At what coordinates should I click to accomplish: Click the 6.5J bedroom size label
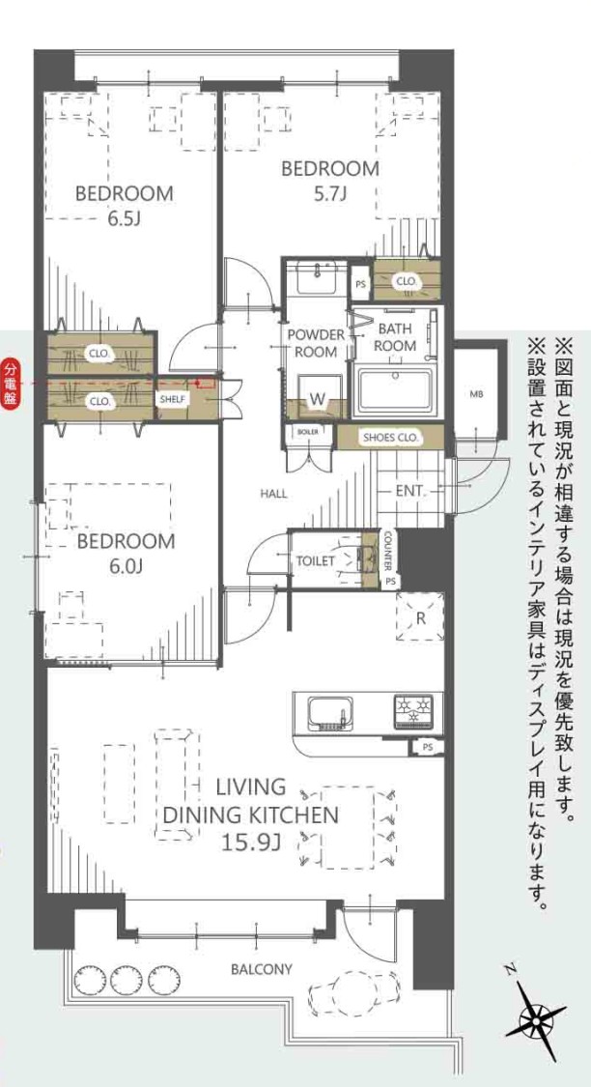point(124,219)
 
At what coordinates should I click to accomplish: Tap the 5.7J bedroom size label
point(330,194)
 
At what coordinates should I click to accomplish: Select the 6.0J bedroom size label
point(126,567)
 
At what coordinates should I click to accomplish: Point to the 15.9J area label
point(250,843)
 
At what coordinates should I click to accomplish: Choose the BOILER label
point(308,431)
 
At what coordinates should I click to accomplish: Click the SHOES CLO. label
point(390,438)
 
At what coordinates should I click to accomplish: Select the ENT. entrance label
point(410,491)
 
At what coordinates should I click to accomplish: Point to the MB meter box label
point(476,395)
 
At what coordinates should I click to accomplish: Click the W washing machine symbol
point(318,398)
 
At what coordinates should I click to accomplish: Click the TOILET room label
point(316,560)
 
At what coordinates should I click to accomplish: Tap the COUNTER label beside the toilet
point(388,552)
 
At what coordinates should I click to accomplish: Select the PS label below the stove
point(427,747)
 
